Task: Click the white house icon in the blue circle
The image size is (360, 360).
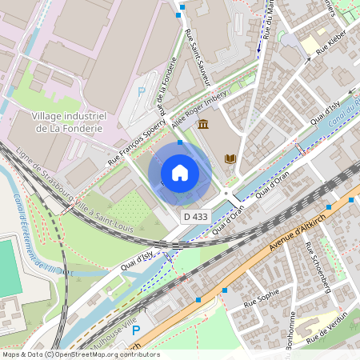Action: pos(180,173)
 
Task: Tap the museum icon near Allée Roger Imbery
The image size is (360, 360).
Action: pos(203,125)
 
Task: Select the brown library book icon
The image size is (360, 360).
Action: pos(231,158)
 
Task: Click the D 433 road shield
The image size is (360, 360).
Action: pos(194,216)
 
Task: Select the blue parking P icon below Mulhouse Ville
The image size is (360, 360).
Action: pos(135,330)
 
